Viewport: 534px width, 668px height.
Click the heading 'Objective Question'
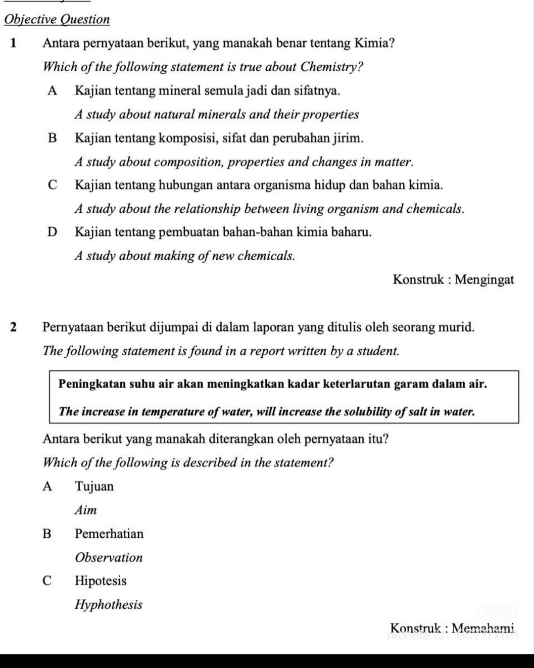coord(57,20)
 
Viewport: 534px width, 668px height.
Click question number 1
coord(14,43)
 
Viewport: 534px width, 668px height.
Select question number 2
coord(14,327)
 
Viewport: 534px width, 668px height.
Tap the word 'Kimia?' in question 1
coord(374,43)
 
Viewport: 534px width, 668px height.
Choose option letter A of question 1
coord(52,90)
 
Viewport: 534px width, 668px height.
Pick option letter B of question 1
coord(52,137)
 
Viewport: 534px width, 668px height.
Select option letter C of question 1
coord(52,185)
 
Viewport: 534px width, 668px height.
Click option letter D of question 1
coord(52,232)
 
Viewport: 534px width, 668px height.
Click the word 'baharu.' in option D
coord(352,232)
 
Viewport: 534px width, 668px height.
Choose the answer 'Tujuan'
coord(94,487)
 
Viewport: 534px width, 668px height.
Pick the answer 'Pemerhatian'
coord(109,534)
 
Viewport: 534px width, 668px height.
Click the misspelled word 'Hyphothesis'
coord(109,605)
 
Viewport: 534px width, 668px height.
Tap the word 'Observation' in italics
coord(109,558)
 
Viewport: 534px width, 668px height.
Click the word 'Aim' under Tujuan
coord(85,510)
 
